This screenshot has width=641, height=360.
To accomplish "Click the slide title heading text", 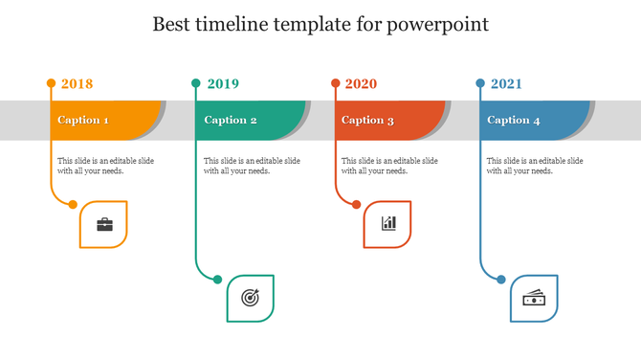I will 320,24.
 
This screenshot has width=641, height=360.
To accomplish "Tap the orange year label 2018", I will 77,84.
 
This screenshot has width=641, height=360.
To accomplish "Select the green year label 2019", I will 223,84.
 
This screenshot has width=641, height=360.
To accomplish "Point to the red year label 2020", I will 361,84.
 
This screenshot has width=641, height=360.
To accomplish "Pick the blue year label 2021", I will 506,84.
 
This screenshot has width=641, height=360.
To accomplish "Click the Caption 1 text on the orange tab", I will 83,121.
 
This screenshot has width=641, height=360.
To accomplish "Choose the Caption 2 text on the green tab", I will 231,121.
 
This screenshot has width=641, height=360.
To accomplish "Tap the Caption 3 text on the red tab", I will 367,121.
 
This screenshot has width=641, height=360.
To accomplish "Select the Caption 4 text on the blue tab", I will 514,121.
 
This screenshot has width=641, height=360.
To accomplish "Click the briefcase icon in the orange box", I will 104,225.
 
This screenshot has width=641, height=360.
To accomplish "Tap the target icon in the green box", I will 250,298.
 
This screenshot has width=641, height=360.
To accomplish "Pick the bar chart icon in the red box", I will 388,224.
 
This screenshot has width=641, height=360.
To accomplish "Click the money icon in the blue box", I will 534,299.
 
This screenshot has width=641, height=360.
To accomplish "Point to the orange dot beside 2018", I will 52,83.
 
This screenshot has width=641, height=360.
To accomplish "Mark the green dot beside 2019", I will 196,83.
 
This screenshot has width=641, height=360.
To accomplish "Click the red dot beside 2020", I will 336,83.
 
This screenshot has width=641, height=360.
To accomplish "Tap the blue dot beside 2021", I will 480,83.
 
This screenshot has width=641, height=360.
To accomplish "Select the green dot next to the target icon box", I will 218,280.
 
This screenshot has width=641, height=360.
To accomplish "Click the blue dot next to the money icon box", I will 501,280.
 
